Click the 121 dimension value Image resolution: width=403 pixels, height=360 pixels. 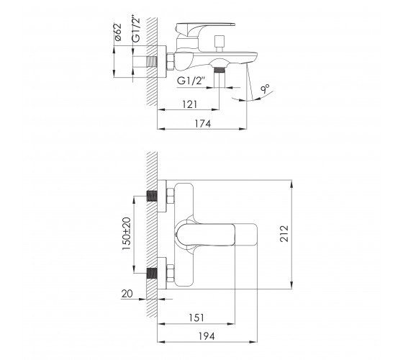190,104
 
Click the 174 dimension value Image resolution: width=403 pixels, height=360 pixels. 203,124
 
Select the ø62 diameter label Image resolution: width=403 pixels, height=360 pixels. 118,32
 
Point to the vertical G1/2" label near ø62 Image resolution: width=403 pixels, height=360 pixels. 136,29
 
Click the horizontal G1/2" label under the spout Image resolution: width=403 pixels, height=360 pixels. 191,81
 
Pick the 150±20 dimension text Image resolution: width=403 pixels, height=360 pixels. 127,233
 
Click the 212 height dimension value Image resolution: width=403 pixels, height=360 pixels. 284,233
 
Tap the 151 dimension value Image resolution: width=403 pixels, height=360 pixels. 196,318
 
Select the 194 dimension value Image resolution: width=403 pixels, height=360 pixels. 207,336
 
